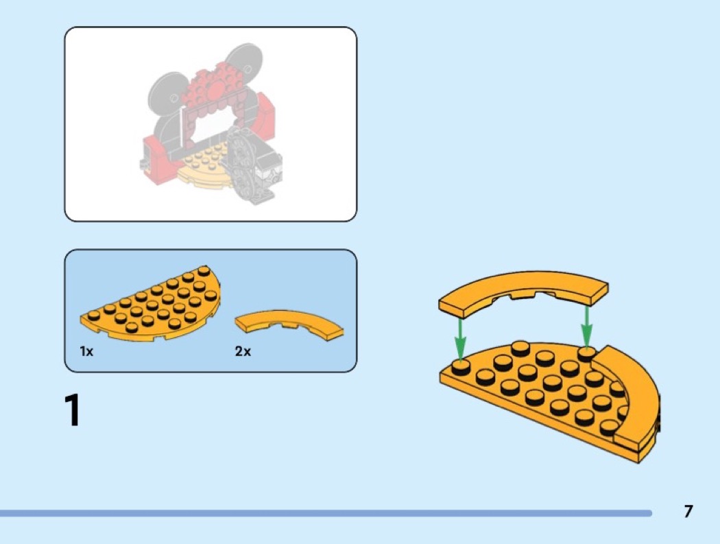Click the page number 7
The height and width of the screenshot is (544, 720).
pos(688,511)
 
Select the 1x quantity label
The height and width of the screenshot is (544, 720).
pos(86,351)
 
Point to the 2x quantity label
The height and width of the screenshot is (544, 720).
pos(243,351)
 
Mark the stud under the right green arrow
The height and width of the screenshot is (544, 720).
pos(586,353)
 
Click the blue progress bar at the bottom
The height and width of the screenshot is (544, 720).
pos(326,512)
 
